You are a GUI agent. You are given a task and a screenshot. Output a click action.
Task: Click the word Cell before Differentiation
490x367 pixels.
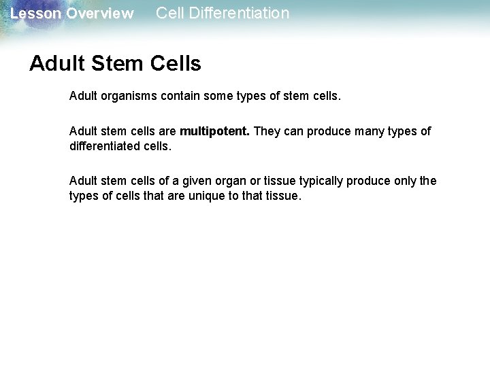(169, 13)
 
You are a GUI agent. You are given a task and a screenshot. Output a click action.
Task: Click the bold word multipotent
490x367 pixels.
(215, 131)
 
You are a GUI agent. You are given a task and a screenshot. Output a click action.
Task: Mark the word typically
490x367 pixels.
(316, 181)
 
